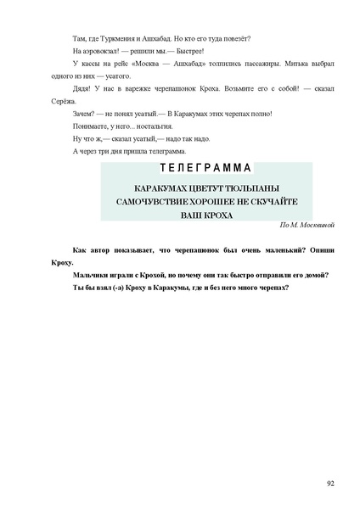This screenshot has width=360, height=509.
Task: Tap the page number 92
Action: (330, 483)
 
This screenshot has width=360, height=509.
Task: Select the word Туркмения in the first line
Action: (121, 38)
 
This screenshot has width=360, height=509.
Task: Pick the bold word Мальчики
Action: (94, 275)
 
